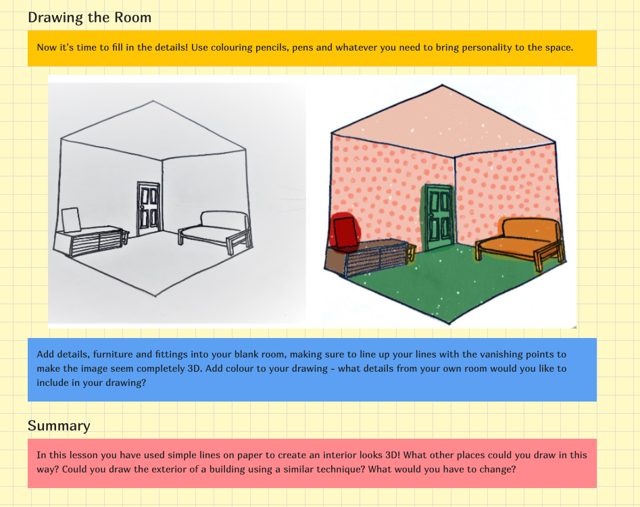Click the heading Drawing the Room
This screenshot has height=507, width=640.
coord(89,18)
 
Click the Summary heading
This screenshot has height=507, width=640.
coord(59,425)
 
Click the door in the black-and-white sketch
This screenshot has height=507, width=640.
coord(148,208)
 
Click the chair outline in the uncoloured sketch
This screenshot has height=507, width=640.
coord(70,220)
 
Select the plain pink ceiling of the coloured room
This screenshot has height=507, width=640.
coord(443,118)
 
